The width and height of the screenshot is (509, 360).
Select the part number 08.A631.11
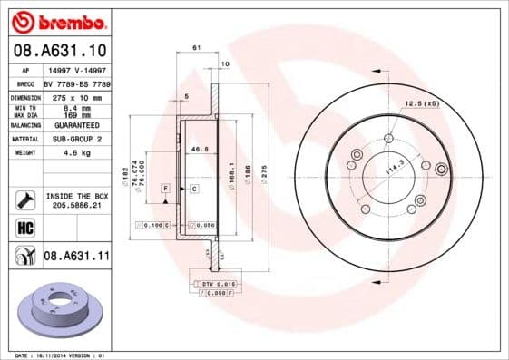[x=77, y=257]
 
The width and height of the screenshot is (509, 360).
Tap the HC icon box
[x=24, y=228]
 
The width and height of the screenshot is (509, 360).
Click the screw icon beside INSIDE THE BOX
[x=24, y=199]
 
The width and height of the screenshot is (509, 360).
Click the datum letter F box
[x=166, y=188]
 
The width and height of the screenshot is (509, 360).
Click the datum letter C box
[x=193, y=188]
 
